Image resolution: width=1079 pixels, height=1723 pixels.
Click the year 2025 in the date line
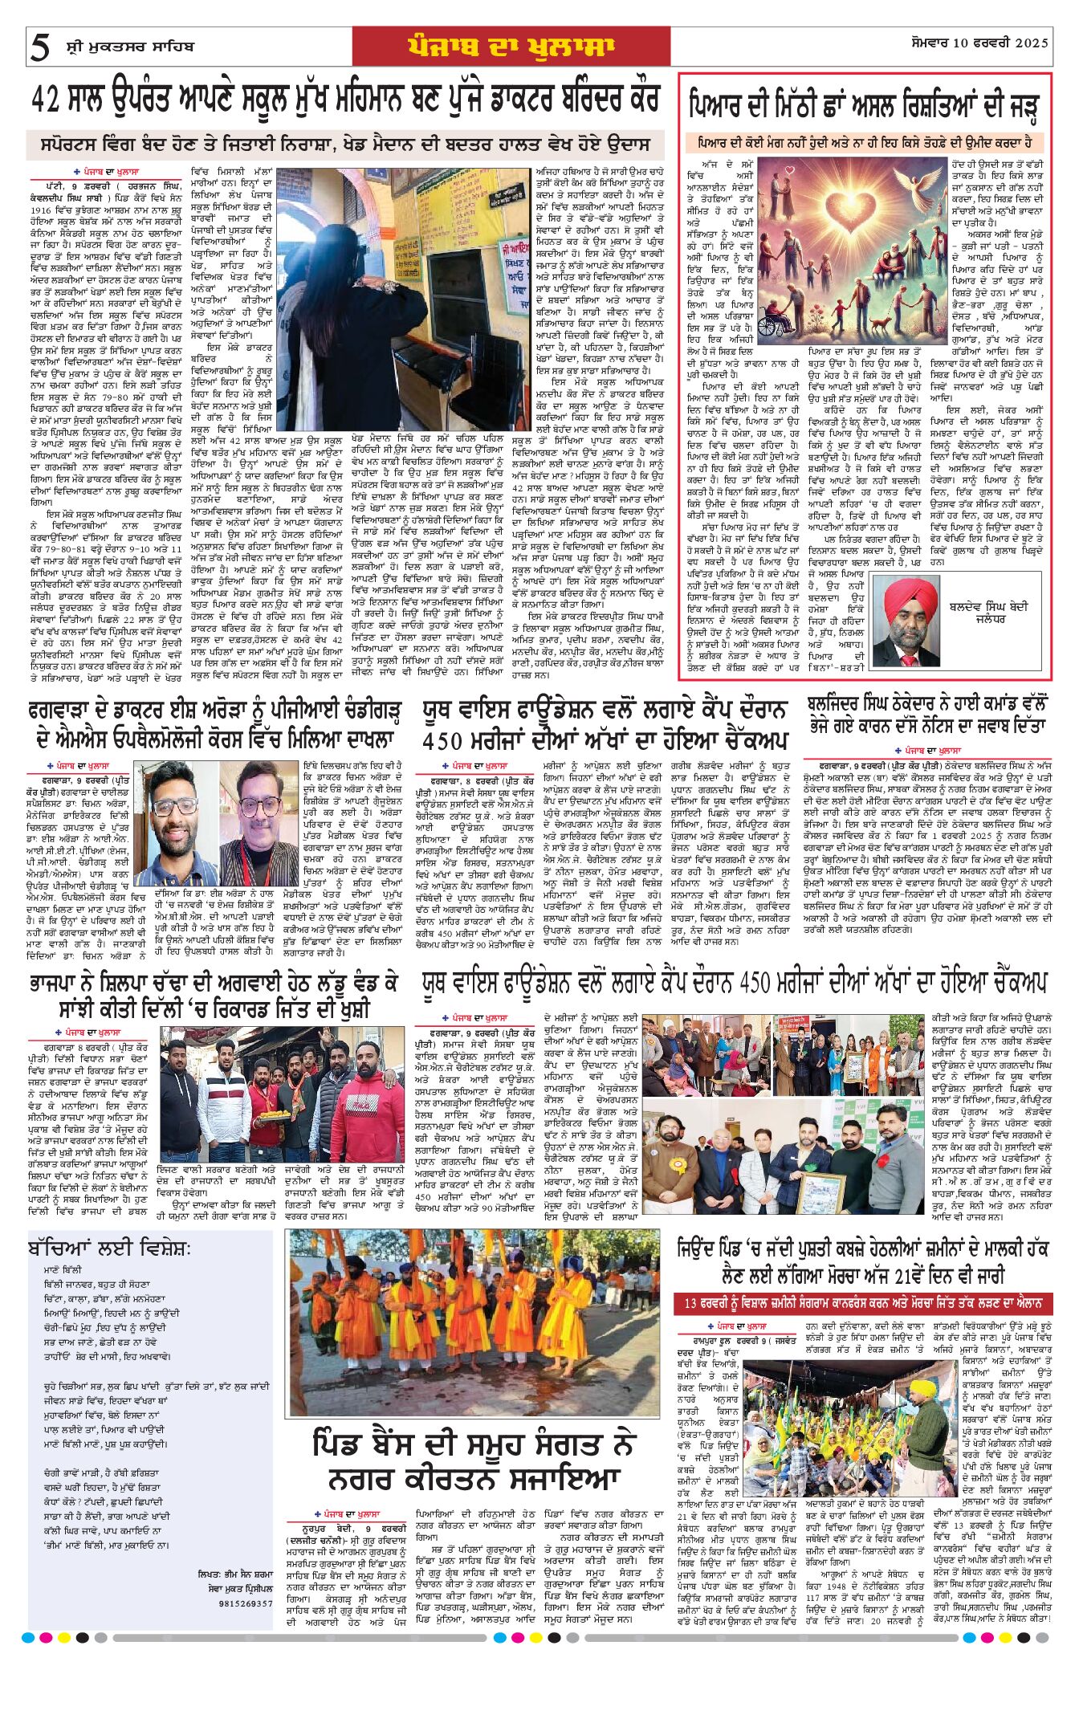click(x=1032, y=43)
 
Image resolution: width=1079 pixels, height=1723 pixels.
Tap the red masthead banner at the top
click(x=511, y=46)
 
